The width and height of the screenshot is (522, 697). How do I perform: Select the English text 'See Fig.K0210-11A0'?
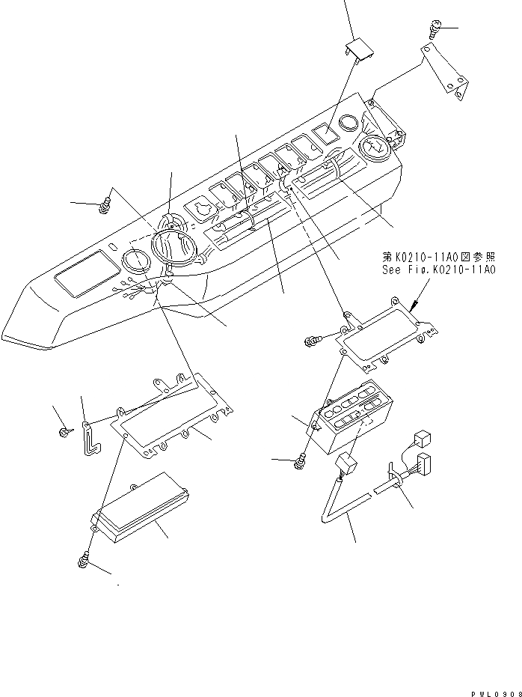tap(435, 269)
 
